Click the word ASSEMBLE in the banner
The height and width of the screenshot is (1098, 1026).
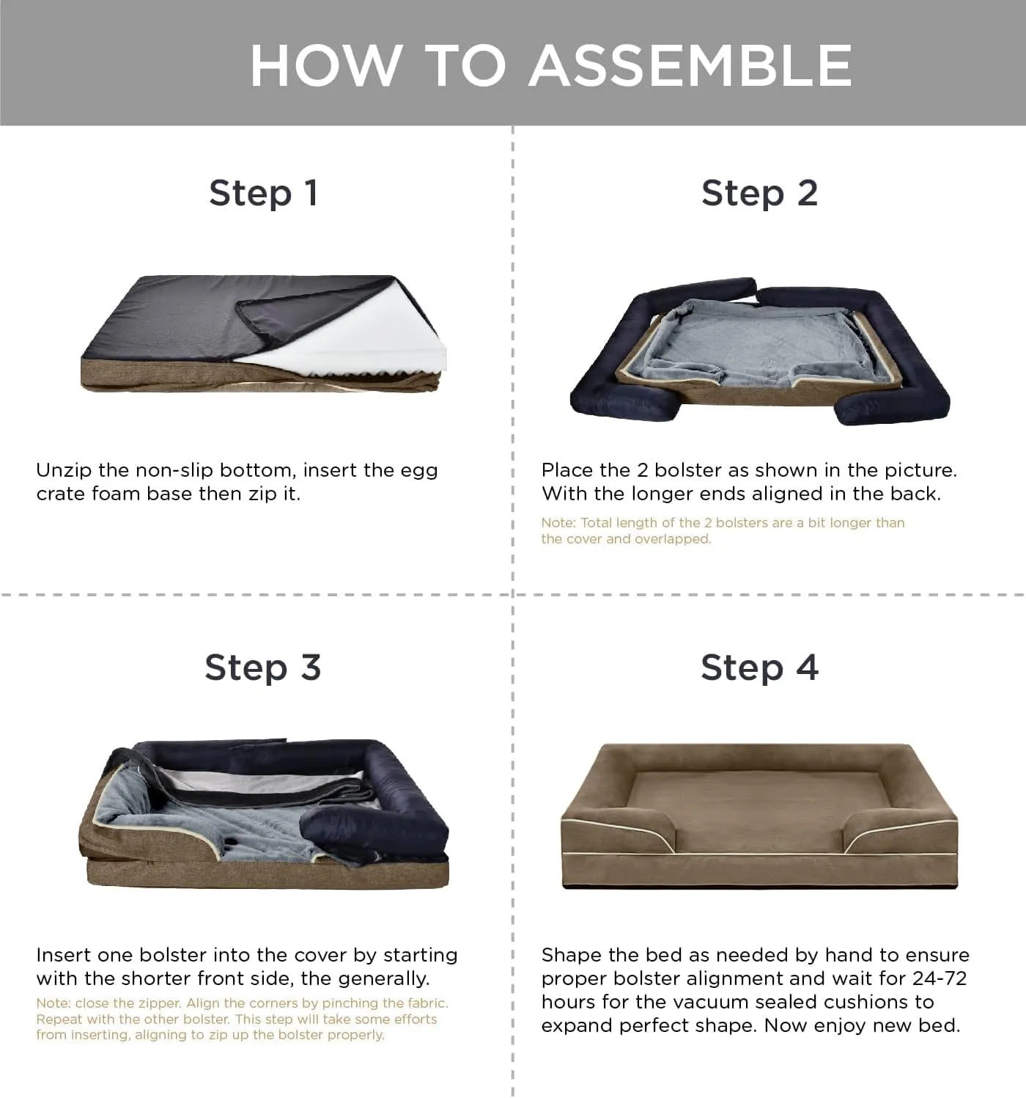pos(690,65)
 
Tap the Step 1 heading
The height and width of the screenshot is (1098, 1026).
pos(264,193)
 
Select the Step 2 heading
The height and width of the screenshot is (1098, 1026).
pos(760,193)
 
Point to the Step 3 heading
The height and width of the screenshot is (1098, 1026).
pos(263,667)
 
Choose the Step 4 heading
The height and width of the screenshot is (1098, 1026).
pos(760,667)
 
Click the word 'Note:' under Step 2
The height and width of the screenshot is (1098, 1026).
pos(558,522)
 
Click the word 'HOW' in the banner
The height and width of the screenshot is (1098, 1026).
pos(325,65)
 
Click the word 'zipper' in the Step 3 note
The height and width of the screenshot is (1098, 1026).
pos(160,1003)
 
